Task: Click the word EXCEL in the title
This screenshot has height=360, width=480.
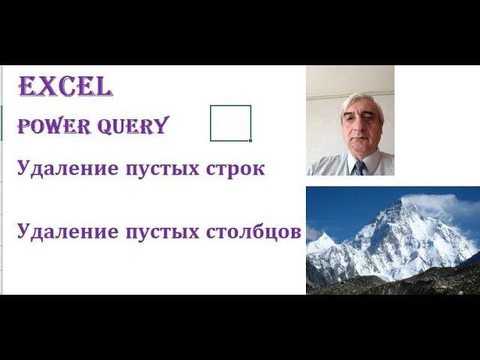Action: [x=65, y=87]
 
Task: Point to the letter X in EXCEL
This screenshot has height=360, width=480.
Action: [x=43, y=87]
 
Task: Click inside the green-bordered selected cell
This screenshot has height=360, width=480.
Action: [x=229, y=122]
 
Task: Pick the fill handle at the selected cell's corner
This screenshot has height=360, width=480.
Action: [x=250, y=140]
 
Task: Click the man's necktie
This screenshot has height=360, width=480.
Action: [x=359, y=167]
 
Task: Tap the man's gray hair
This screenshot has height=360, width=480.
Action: [x=362, y=100]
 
